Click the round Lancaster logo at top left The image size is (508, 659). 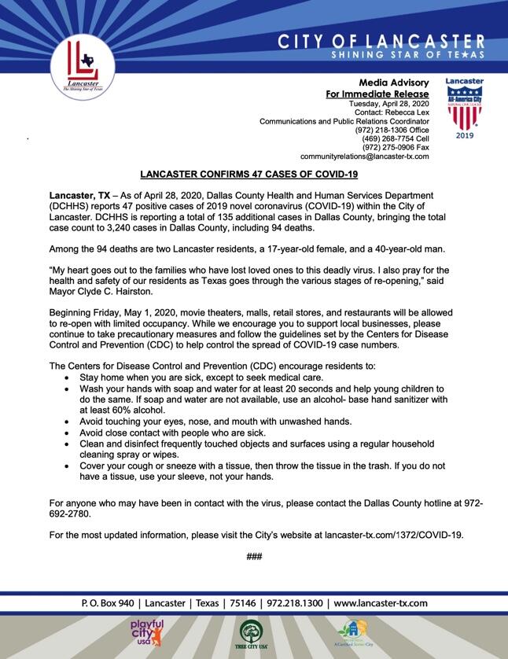(x=83, y=64)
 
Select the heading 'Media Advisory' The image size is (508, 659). (x=394, y=83)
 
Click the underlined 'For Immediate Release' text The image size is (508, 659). (x=377, y=94)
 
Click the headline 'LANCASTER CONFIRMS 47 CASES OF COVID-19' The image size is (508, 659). (x=248, y=174)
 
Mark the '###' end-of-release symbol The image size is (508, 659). (x=254, y=557)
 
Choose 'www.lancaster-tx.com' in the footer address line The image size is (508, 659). (x=381, y=603)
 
